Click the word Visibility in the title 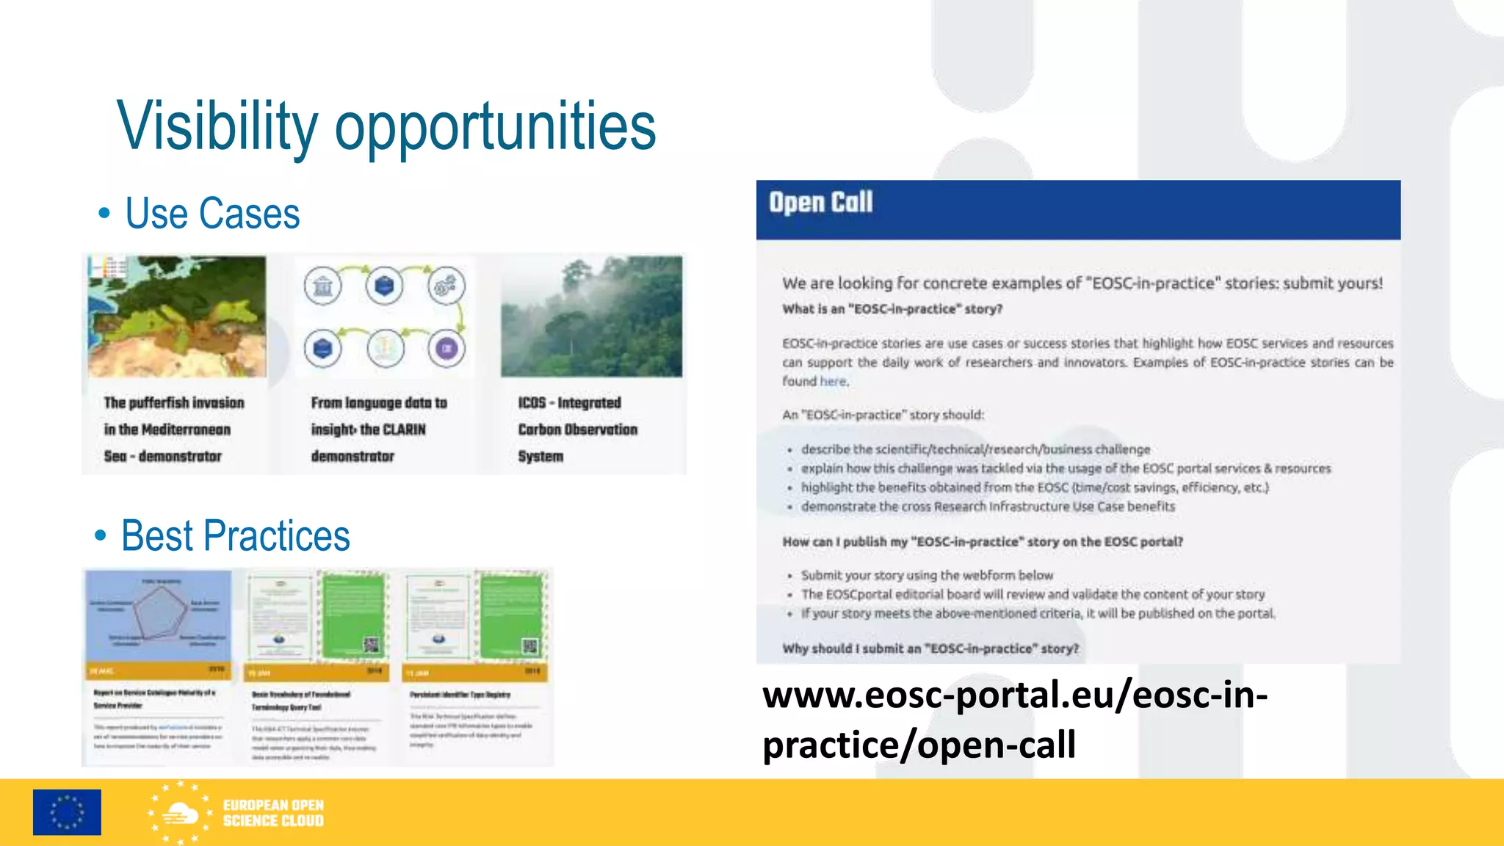coord(217,126)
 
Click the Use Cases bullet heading coord(211,214)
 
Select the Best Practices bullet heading coord(235,535)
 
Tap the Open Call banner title coord(820,203)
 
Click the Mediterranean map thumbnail coord(177,317)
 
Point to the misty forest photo coord(591,317)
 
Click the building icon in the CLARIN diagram coord(323,286)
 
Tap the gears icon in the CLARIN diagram coord(446,286)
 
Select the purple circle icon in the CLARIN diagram coord(446,348)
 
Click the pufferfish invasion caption coord(174,429)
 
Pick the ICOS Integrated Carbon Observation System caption coord(577,429)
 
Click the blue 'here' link coord(833,381)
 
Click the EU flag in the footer coord(67,812)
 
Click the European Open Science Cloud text coord(273,813)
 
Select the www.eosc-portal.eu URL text coord(1013,719)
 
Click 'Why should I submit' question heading coord(930,648)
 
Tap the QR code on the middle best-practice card coord(372,645)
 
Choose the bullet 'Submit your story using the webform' coord(927,575)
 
